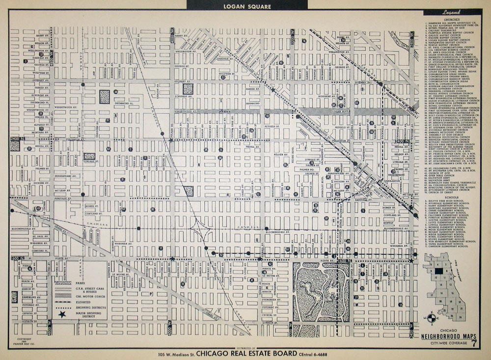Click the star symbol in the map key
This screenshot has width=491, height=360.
(x=62, y=314)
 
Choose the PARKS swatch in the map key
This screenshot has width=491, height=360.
(x=62, y=283)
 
